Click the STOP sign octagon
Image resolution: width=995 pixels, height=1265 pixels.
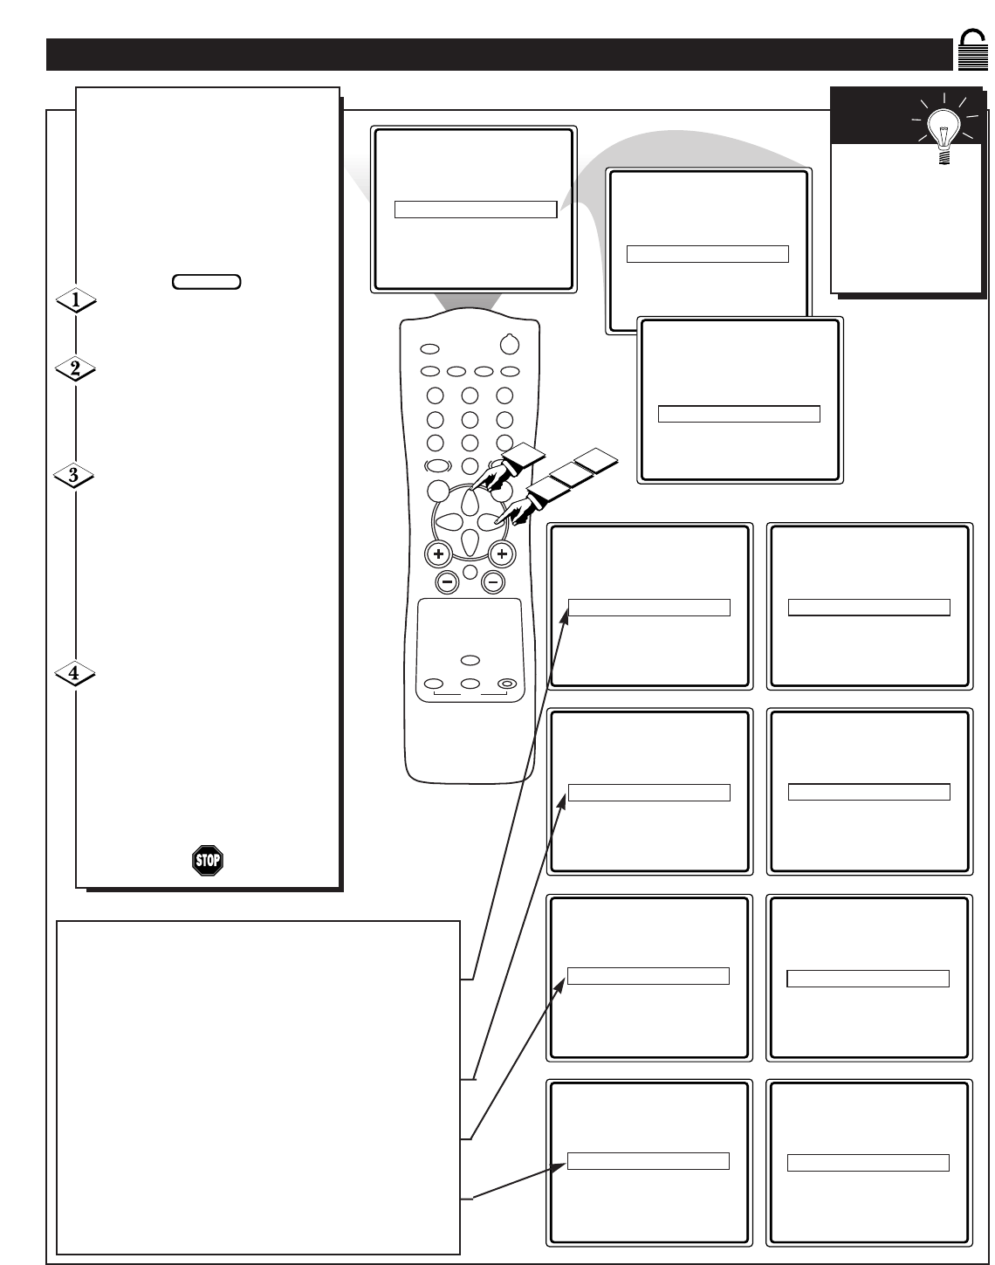208,861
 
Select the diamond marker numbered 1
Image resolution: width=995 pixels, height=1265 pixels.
76,300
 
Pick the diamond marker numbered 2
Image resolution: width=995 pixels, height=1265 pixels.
75,368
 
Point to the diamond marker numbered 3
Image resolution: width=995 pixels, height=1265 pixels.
74,474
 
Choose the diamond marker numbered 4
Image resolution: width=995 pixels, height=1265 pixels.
75,672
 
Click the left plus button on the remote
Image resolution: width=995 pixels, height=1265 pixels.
438,553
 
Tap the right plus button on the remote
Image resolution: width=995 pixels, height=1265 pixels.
501,553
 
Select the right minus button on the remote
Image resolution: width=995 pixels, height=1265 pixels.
492,582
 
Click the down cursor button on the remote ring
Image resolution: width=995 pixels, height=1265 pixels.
470,542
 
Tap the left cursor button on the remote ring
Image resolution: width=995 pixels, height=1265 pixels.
449,521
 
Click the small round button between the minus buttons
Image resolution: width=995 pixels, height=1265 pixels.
470,571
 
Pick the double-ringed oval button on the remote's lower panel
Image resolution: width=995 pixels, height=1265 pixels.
507,684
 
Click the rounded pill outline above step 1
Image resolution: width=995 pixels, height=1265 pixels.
206,282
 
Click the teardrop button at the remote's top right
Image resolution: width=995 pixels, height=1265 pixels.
510,344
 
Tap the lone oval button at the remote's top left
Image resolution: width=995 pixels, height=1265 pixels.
429,348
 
